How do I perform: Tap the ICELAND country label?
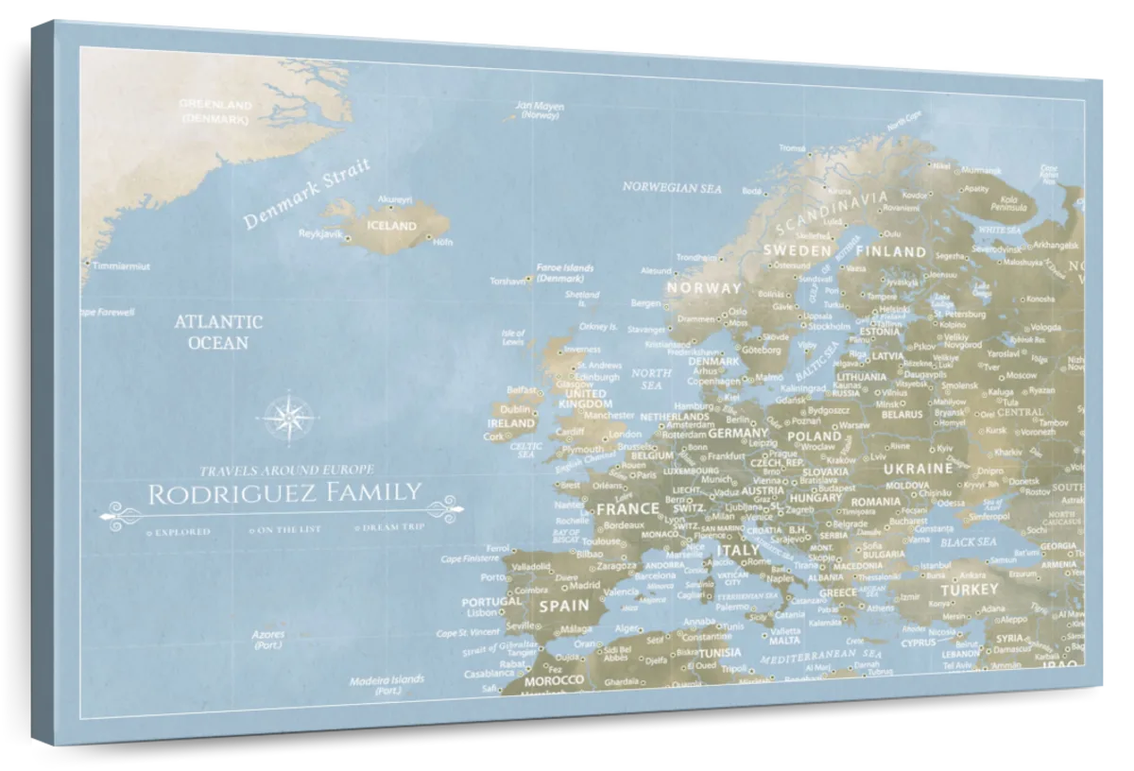pyautogui.click(x=391, y=227)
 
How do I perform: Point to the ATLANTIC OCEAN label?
pyautogui.click(x=217, y=332)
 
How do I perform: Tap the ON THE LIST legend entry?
pyautogui.click(x=288, y=529)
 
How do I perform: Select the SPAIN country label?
pyautogui.click(x=563, y=606)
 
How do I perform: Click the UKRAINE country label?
pyautogui.click(x=917, y=468)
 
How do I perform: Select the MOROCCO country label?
pyautogui.click(x=553, y=680)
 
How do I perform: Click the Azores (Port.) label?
pyautogui.click(x=268, y=640)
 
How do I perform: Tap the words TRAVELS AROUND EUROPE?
pyautogui.click(x=286, y=470)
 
